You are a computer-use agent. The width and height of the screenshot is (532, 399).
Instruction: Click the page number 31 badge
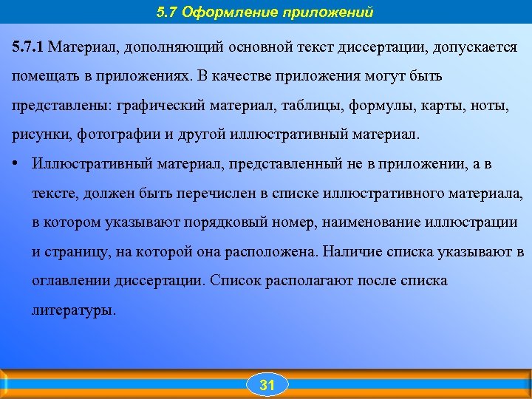(267, 385)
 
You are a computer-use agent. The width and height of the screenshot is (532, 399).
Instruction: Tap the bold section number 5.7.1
(28, 47)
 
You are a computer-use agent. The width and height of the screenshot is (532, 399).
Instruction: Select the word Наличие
(348, 252)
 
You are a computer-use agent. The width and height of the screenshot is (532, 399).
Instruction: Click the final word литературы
(73, 311)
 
